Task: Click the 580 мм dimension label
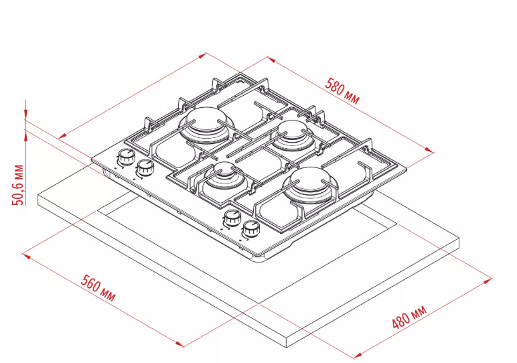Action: pyautogui.click(x=342, y=90)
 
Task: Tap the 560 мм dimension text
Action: pyautogui.click(x=98, y=288)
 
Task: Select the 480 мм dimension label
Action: pyautogui.click(x=409, y=317)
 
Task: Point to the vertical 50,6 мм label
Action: pyautogui.click(x=18, y=185)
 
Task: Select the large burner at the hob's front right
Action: pyautogui.click(x=310, y=186)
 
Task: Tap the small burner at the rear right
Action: pyautogui.click(x=292, y=135)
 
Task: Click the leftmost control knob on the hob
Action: pyautogui.click(x=126, y=157)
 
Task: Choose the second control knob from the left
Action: pyautogui.click(x=145, y=167)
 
